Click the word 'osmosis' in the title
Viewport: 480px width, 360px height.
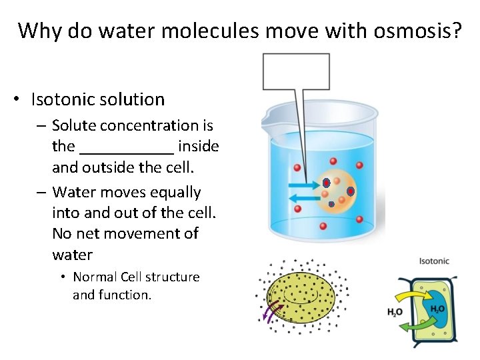point(417,31)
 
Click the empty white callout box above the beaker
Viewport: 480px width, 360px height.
point(296,71)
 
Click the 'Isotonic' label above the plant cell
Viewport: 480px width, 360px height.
point(434,261)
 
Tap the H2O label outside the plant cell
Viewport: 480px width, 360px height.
point(395,311)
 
